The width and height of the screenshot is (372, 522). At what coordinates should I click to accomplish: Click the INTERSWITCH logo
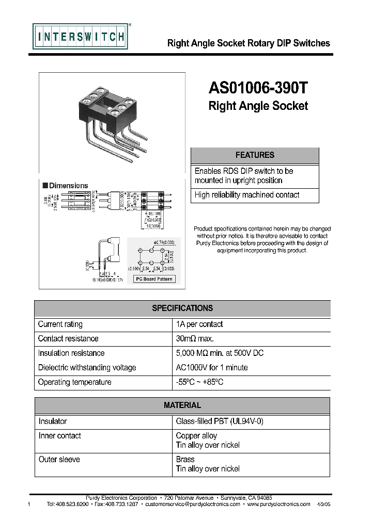80,37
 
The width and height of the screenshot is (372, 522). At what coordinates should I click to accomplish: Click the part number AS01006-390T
258,88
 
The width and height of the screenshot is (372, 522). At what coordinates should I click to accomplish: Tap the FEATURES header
255,155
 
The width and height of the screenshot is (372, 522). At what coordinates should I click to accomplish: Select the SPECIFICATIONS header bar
182,308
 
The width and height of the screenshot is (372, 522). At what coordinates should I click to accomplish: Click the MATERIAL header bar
182,405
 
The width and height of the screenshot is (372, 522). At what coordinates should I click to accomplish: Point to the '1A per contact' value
199,324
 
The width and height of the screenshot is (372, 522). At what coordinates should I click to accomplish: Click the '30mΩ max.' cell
195,339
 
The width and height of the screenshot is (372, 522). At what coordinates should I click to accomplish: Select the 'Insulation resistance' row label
71,353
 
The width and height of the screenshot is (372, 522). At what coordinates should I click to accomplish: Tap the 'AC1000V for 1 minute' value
212,368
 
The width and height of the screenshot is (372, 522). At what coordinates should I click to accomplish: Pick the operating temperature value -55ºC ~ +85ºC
200,382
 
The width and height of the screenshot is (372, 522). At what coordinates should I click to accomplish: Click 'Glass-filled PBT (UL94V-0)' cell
220,421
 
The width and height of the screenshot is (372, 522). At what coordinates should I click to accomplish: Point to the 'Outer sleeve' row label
59,460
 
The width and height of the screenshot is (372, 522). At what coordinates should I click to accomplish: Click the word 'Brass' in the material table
185,460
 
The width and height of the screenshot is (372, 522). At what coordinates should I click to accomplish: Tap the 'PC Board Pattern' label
154,279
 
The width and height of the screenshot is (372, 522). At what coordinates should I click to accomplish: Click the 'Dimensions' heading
68,186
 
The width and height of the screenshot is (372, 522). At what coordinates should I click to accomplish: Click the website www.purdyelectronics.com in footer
279,504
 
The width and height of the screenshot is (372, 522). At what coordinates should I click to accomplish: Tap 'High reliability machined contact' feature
247,195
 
